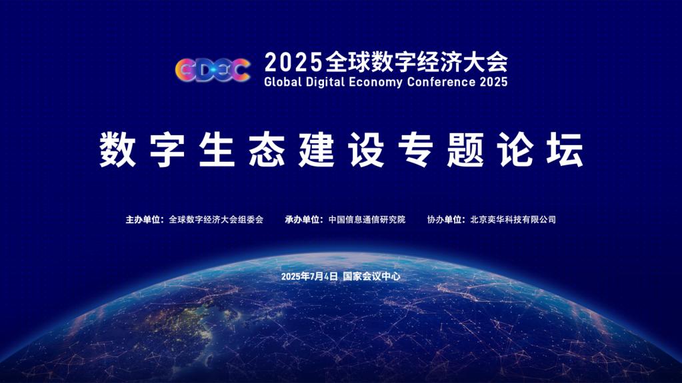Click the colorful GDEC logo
[213, 69]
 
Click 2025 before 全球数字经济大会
[293, 63]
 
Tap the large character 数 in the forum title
[117, 149]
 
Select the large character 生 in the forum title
[217, 149]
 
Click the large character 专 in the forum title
[416, 149]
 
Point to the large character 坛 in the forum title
[565, 149]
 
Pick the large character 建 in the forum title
[316, 149]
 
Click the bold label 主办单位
[143, 220]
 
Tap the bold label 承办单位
[302, 220]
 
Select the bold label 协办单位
[444, 220]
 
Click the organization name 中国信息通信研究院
[367, 220]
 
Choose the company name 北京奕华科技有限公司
[513, 220]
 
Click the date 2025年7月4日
[309, 276]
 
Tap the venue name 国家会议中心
[371, 276]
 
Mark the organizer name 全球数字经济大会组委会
[216, 220]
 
